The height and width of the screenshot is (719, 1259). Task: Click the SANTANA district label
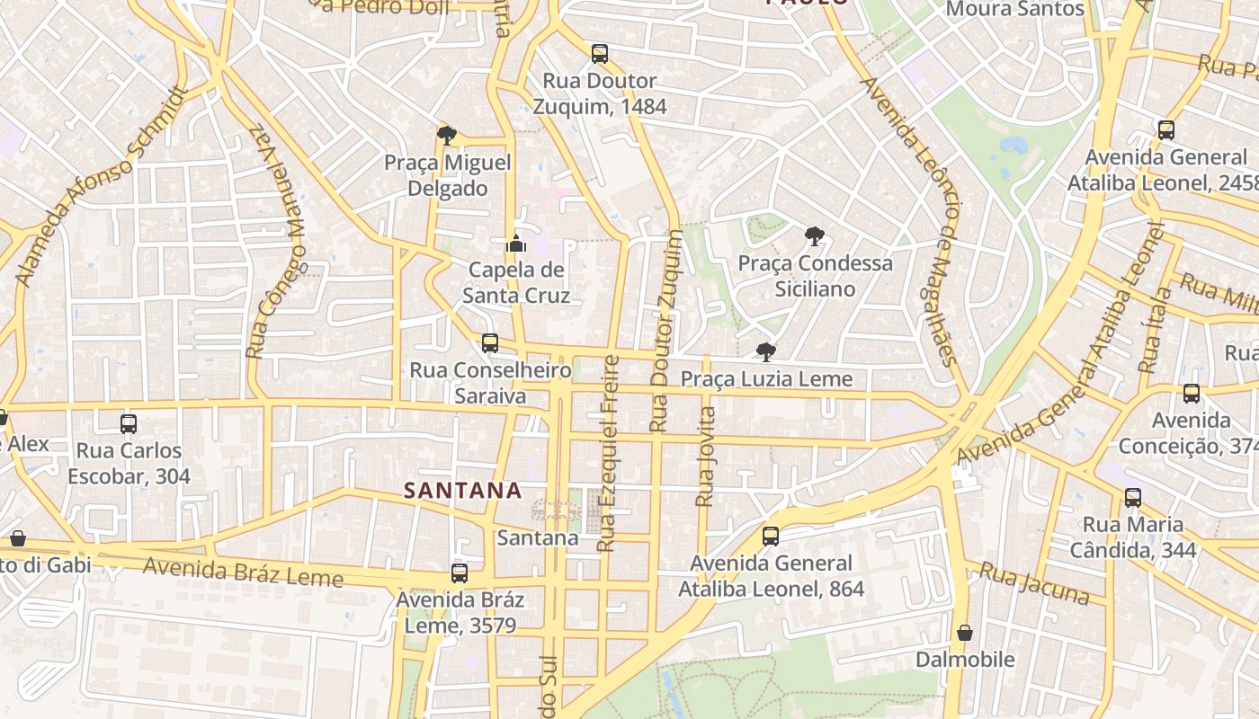coord(462,490)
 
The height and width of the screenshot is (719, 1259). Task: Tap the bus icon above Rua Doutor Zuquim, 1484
coord(600,54)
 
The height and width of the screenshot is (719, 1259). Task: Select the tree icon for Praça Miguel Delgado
coord(446,136)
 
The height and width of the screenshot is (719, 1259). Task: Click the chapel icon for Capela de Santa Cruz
coord(515,243)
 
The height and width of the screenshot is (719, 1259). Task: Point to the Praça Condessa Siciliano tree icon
coord(815,236)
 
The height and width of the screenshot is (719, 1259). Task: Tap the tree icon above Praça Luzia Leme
coord(765,351)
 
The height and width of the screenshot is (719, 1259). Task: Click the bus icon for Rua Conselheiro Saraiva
coord(490,343)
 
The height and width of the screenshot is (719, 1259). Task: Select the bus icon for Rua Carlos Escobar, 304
coord(129,424)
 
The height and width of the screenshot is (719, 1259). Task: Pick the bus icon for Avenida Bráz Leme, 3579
coord(460,573)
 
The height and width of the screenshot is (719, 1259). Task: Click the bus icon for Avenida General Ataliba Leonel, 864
coord(771,537)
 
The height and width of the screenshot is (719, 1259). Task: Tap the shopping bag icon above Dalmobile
coord(965,633)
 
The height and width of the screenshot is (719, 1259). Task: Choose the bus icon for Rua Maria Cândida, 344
coord(1133,497)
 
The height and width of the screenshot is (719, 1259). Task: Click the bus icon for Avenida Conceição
coord(1192,394)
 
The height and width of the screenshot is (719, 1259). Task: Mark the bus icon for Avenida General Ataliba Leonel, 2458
coord(1166,130)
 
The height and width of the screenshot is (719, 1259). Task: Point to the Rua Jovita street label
coord(707,457)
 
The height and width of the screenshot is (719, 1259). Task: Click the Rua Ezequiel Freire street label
coord(609,454)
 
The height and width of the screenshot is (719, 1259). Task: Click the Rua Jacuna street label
coord(1034,584)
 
